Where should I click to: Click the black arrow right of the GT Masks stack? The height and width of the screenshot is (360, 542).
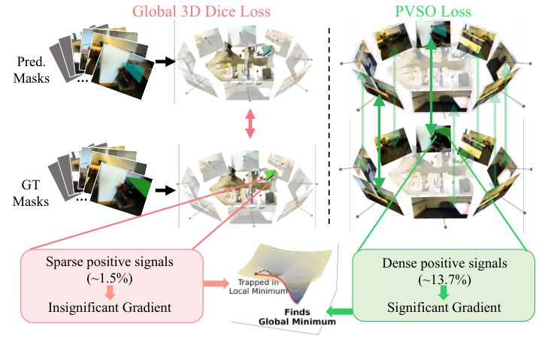[162, 189]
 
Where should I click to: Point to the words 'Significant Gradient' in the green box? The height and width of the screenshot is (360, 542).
[444, 307]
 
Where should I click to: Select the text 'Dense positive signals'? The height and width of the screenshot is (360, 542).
[444, 263]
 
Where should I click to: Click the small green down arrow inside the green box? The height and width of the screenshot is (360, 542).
[444, 292]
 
